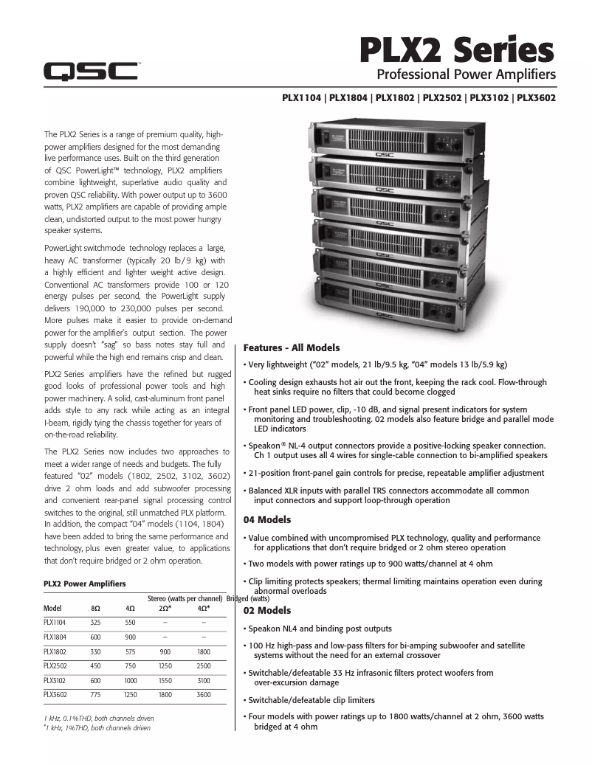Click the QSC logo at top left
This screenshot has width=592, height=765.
pos(90,71)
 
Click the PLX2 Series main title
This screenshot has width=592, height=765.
pos(456,51)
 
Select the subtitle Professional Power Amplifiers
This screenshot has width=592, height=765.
pos(466,75)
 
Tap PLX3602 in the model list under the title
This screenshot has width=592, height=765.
pos(536,97)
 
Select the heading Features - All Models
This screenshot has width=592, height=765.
pos(292,347)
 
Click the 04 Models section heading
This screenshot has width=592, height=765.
pos(267,520)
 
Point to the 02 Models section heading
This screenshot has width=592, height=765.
pos(267,611)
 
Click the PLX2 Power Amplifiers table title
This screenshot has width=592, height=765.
pos(84,584)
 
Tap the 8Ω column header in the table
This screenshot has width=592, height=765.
pos(95,609)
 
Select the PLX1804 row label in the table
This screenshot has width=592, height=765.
pos(55,637)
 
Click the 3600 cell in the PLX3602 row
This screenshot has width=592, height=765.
pos(203,694)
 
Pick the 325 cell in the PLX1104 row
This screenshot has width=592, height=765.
pos(95,623)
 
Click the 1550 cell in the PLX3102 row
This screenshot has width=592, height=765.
pos(165,680)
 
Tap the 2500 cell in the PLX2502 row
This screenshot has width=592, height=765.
pos(203,666)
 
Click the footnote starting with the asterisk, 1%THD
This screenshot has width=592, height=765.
pos(97,728)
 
